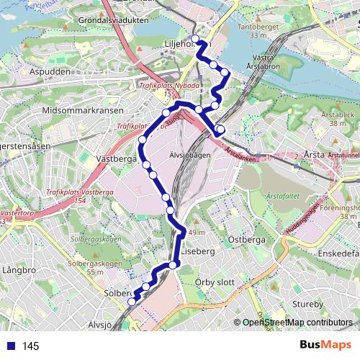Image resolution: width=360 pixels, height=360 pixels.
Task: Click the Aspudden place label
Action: pos(50,73)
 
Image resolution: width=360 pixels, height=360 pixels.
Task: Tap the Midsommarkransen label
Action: pos(83,111)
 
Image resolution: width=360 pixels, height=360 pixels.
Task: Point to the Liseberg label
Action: pos(198,252)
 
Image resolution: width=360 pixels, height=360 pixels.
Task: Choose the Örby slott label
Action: pos(215,282)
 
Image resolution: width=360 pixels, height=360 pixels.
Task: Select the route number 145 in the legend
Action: pos(30,346)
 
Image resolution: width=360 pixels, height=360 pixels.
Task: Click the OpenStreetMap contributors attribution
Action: pos(297,323)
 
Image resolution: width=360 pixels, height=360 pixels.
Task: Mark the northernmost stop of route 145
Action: pos(195,38)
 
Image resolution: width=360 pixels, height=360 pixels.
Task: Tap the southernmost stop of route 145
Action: pos(132,302)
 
